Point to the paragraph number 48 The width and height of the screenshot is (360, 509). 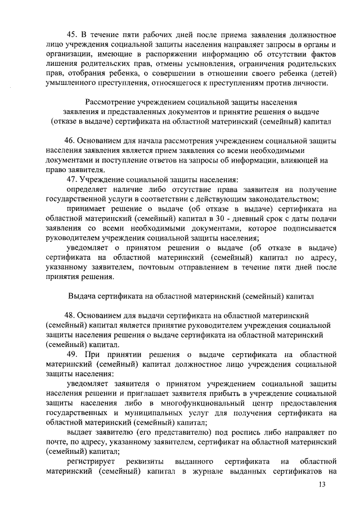click(72, 317)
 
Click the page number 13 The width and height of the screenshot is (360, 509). click(322, 485)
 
